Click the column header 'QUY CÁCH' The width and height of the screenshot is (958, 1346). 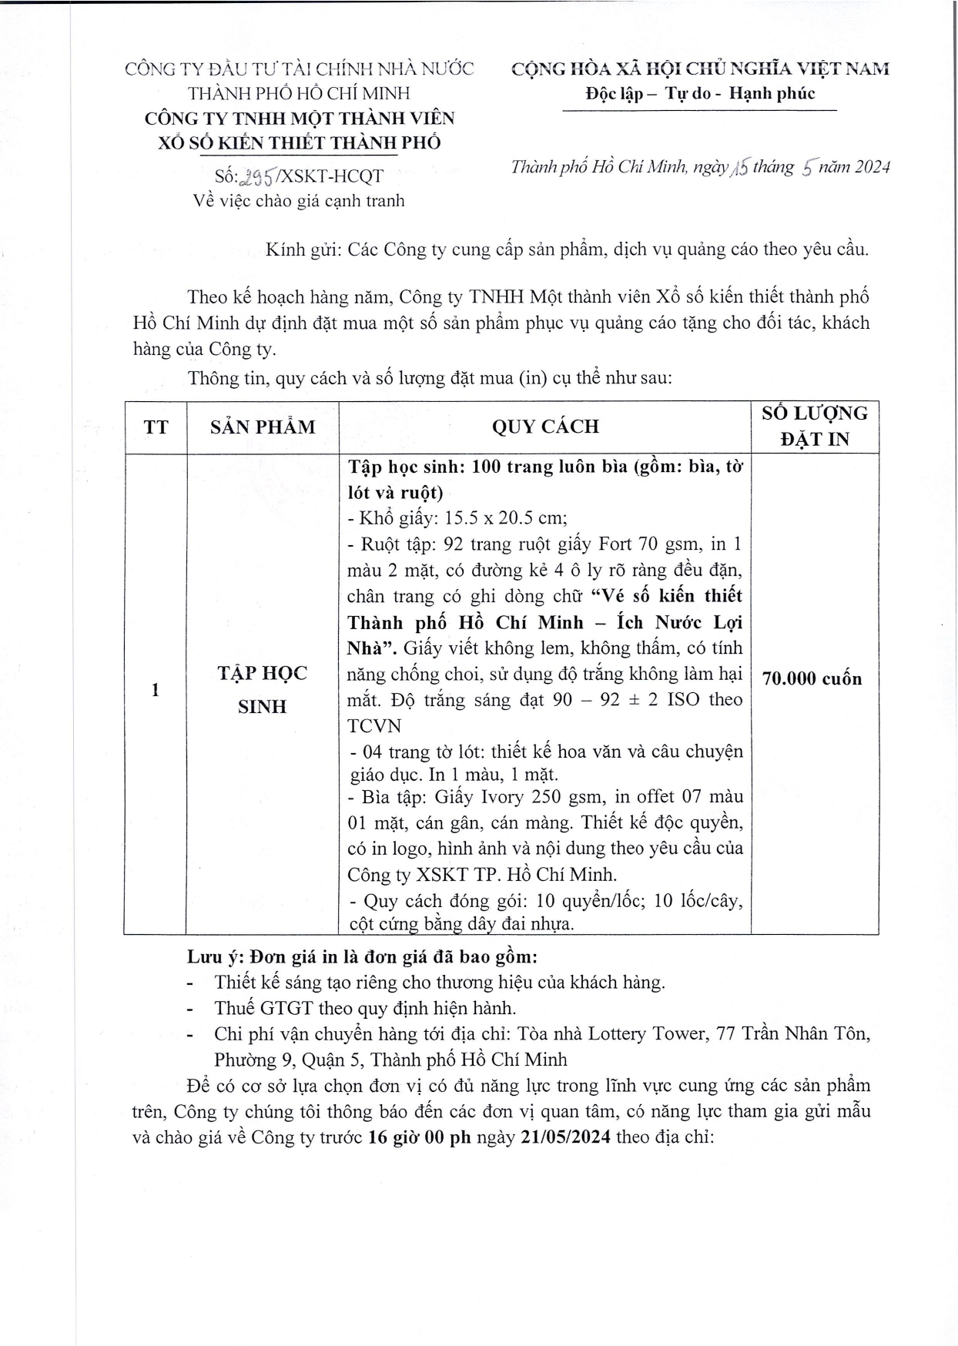(545, 427)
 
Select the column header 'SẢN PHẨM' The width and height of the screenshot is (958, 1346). (263, 427)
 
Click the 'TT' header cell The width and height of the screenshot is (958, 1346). (156, 427)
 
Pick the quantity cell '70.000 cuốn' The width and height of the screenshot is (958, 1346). (812, 678)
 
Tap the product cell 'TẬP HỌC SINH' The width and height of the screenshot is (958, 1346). (262, 689)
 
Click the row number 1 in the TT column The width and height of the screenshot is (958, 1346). (156, 690)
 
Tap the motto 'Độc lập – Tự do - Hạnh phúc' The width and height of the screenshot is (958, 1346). (700, 94)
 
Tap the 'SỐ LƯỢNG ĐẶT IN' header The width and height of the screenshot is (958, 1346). (815, 426)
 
